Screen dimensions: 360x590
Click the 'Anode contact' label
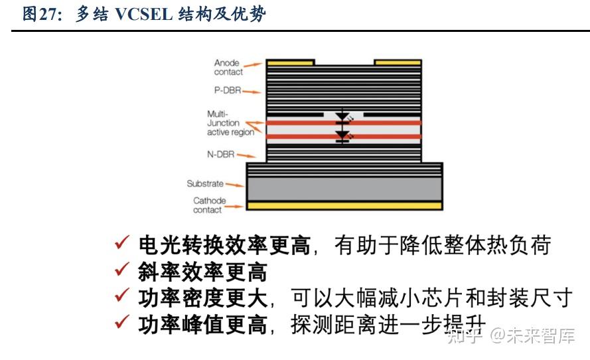click(227, 67)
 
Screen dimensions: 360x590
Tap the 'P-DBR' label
click(228, 90)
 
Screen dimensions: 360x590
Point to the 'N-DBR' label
click(222, 154)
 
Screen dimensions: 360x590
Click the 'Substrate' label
click(205, 183)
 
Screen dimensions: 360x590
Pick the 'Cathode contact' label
click(209, 205)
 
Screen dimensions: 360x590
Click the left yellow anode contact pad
click(289, 62)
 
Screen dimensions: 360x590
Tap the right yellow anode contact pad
click(398, 62)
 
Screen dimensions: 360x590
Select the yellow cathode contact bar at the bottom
click(344, 206)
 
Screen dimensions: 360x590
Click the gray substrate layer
click(344, 189)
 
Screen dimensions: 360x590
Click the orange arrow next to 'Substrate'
click(234, 184)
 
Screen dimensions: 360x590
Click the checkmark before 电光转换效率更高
click(121, 244)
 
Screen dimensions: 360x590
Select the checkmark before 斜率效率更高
click(121, 271)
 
